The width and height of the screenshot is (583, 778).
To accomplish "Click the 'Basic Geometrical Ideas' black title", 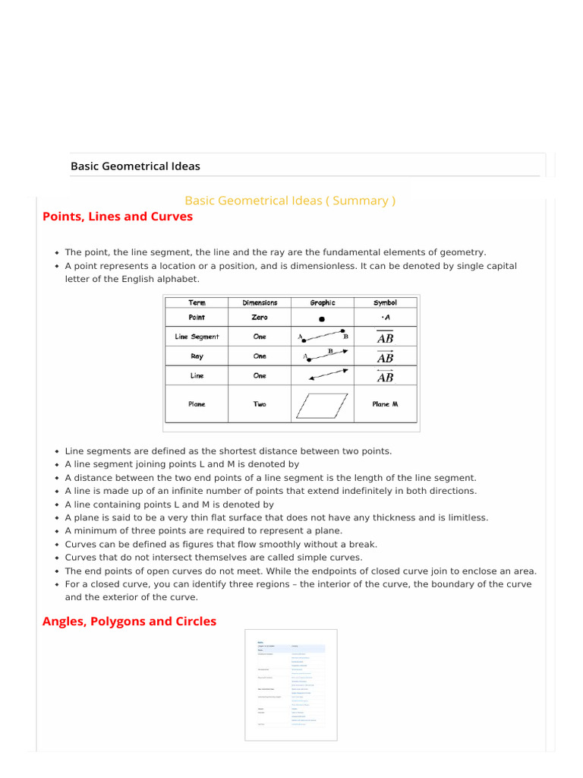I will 135,166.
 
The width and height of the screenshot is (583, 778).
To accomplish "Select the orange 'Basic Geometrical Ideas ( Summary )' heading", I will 290,201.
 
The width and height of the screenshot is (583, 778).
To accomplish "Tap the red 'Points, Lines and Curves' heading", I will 118,217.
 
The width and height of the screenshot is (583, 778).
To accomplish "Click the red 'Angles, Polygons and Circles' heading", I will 129,621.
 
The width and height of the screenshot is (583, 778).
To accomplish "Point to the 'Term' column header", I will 197,302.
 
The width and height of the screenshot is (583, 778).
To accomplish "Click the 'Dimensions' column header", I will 260,302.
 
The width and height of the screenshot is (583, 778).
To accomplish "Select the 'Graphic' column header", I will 322,302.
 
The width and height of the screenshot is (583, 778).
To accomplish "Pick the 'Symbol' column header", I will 385,302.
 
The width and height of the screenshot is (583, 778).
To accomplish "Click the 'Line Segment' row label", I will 197,337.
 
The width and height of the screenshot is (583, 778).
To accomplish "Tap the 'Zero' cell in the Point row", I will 260,318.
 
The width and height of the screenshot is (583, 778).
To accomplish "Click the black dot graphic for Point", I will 322,319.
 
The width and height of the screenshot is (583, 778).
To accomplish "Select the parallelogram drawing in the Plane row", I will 322,405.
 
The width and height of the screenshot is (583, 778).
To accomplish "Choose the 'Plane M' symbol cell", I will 385,404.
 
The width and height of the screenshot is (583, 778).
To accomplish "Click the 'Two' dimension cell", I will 260,404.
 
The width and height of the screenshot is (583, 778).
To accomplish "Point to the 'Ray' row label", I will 197,356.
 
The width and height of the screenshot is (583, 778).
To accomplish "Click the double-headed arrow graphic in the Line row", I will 328,375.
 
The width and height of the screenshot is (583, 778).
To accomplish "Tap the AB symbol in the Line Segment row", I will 385,338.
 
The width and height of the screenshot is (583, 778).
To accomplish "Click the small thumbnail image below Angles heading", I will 291,685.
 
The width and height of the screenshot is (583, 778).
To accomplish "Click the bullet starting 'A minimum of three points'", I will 203,530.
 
